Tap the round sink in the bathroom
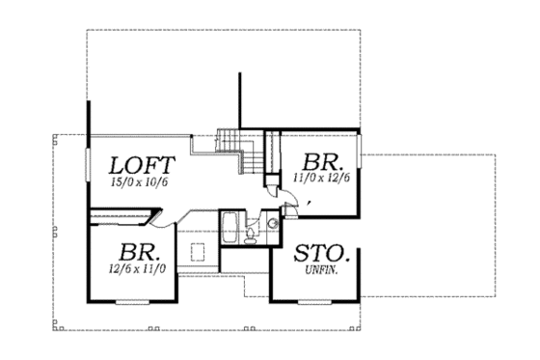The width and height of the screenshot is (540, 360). click(x=272, y=224)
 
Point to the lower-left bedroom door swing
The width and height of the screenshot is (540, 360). click(x=164, y=225)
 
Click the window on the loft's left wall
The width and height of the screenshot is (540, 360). click(x=89, y=169)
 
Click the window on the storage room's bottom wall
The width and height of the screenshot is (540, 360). click(x=318, y=302)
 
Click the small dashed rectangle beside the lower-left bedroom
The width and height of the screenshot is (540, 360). click(x=201, y=253)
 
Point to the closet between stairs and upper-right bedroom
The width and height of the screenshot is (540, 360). click(x=269, y=154)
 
